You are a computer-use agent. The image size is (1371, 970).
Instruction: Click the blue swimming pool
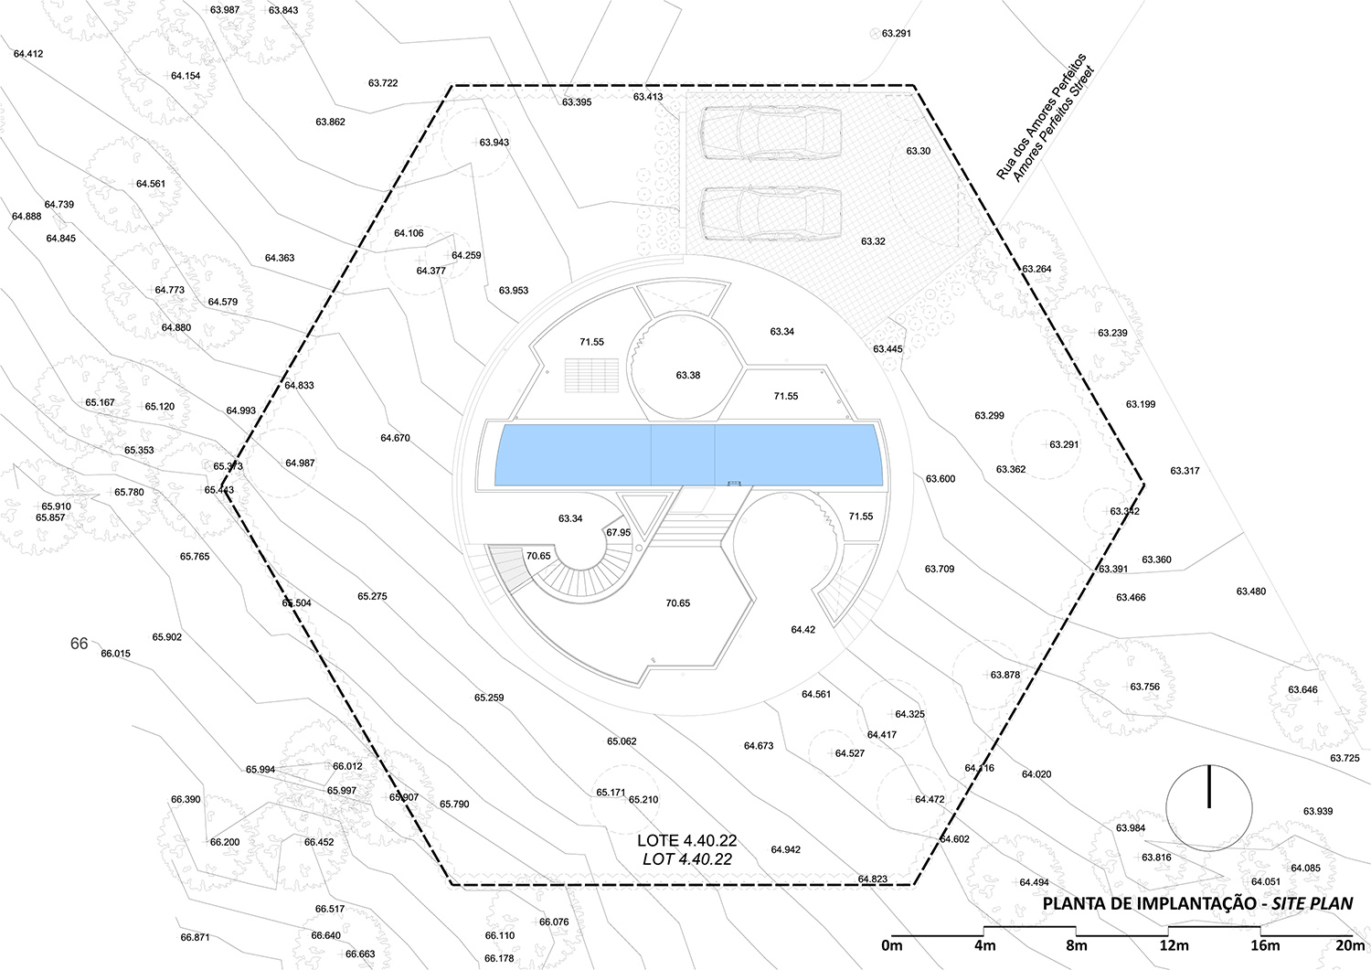687,454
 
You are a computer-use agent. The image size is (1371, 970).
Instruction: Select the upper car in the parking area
771,134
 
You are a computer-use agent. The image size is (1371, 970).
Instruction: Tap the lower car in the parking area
771,214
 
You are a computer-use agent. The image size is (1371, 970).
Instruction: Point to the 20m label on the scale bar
1349,945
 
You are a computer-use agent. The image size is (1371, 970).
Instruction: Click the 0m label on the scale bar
891,945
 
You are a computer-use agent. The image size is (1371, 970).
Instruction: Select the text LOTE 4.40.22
686,840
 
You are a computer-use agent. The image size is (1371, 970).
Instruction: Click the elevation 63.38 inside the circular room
688,375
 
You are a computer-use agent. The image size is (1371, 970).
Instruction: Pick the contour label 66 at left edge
80,644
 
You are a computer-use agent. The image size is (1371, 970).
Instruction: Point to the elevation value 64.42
802,630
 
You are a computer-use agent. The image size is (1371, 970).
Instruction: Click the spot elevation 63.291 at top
896,34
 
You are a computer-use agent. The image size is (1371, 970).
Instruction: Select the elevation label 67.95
618,532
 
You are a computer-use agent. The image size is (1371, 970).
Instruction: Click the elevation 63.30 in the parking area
919,151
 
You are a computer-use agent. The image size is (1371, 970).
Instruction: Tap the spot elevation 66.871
195,937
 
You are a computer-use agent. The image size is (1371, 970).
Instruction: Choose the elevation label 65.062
621,741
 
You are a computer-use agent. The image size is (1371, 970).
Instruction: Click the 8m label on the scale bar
1076,945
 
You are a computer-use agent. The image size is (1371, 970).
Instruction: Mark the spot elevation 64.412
28,54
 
